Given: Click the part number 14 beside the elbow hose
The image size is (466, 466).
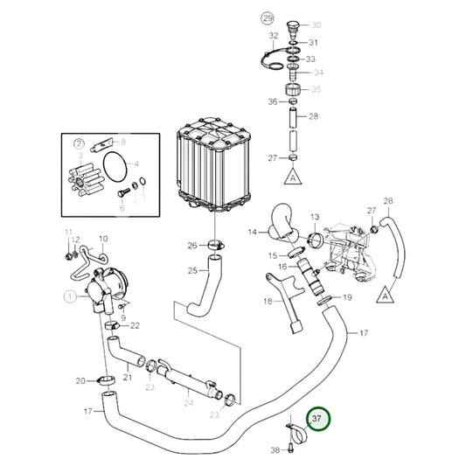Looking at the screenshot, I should (x=252, y=232).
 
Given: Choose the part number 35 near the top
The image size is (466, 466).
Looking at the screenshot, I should (x=316, y=89).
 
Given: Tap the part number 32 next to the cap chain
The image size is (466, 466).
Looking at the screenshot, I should (x=274, y=35).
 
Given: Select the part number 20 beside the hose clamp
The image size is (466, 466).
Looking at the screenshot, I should (x=80, y=380).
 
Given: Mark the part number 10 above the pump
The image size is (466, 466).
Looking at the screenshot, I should (x=102, y=238).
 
